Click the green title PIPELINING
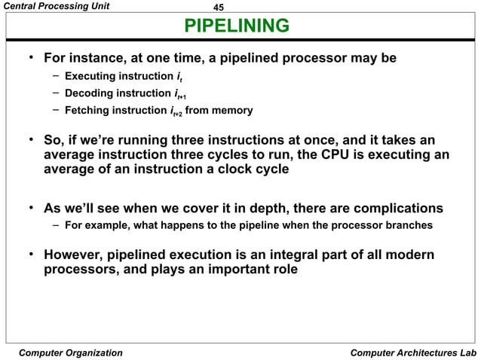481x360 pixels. click(x=237, y=27)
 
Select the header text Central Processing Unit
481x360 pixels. click(x=56, y=6)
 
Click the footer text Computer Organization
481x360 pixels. click(x=70, y=352)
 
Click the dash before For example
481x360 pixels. click(x=57, y=224)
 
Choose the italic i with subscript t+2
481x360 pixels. click(x=177, y=111)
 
